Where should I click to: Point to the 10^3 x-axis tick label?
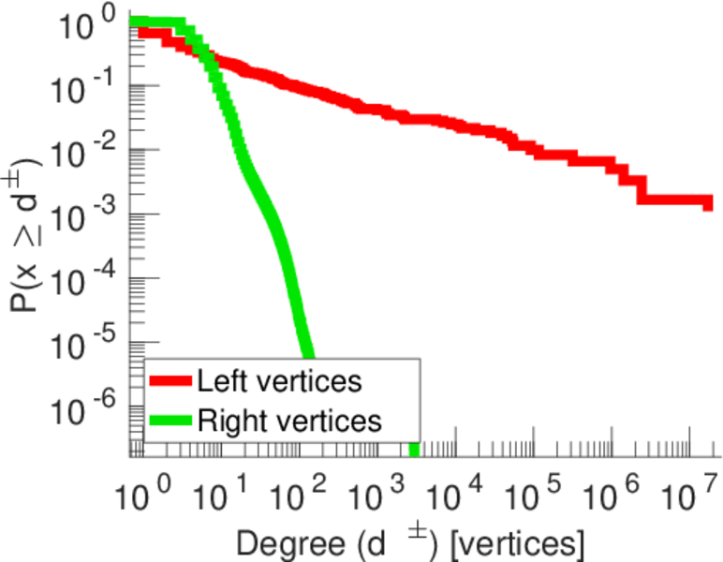tap(376, 492)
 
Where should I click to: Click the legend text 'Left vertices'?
tap(279, 381)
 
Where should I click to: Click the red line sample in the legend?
tap(170, 382)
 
